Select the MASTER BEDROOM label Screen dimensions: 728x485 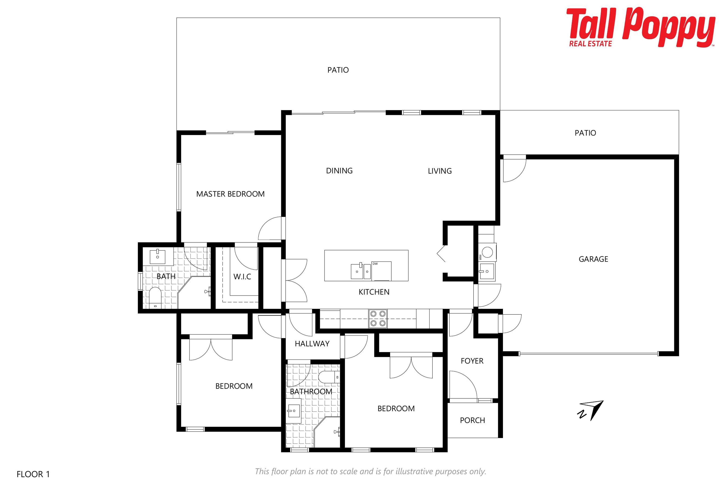coord(230,194)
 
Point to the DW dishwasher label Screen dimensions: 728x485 coord(375,264)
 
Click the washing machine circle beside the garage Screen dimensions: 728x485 coord(487,252)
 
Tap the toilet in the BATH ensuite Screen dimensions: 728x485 coord(155,298)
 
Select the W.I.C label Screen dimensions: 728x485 coord(242,277)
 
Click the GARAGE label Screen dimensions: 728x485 coord(593,259)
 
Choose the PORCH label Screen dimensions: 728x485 coord(472,420)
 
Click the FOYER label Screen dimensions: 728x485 coord(472,361)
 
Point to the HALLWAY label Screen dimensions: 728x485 coord(312,344)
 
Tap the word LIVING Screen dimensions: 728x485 coord(440,171)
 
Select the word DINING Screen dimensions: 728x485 coord(339,171)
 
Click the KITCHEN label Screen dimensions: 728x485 coord(374,292)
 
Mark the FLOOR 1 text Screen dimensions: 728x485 coord(33,474)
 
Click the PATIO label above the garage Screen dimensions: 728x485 coord(585,133)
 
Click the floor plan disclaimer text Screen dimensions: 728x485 coord(370,471)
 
